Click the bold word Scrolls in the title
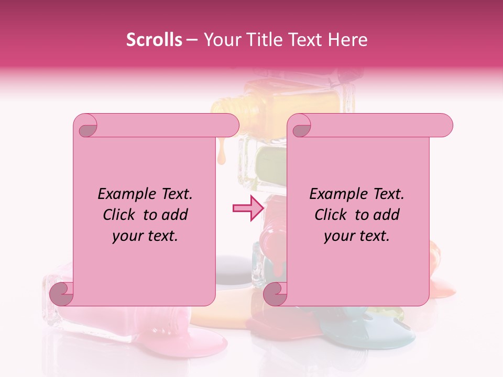[x=154, y=40]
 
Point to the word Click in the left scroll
[x=121, y=215]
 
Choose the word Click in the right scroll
[x=333, y=215]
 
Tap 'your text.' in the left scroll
[x=145, y=236]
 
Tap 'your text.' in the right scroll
[x=357, y=236]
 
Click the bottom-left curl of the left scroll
[x=62, y=293]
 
